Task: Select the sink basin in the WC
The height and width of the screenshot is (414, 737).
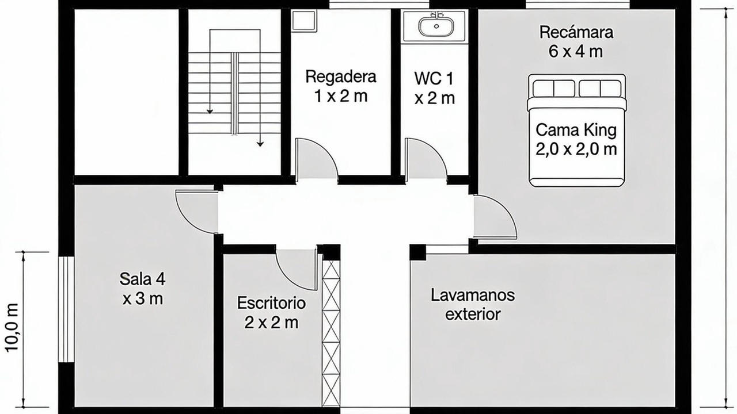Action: click(436, 26)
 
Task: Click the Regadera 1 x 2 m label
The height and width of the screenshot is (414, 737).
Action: click(341, 86)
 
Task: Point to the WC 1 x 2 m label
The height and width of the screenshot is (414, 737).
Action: click(434, 89)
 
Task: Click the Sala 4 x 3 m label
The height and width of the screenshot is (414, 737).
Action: click(142, 289)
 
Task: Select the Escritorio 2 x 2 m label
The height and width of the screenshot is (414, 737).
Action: click(271, 312)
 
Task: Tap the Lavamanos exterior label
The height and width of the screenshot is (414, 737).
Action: click(473, 305)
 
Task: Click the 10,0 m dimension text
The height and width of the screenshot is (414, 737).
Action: click(12, 328)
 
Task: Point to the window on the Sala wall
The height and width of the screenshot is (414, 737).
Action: click(66, 309)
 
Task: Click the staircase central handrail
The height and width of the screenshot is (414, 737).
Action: click(234, 94)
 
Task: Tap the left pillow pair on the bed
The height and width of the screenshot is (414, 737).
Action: click(554, 89)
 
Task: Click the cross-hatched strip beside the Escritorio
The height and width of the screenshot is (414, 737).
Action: click(330, 333)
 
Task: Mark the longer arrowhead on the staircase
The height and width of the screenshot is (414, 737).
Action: click(260, 144)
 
